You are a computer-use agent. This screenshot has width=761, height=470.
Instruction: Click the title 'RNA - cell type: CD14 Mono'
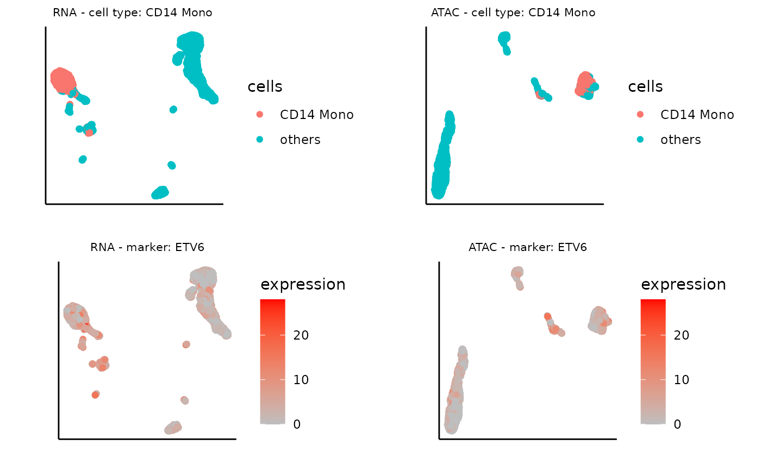132,12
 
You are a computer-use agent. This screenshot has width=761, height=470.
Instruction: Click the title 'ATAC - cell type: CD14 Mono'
513,12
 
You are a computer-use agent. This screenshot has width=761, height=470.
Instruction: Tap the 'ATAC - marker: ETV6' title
527,248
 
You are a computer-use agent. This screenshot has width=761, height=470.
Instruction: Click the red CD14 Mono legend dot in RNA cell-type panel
260,115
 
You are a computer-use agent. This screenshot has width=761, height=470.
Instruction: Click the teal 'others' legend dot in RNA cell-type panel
260,140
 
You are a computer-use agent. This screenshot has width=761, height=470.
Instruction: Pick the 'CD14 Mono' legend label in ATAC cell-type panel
697,115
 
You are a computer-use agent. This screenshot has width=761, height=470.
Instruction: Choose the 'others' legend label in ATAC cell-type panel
681,140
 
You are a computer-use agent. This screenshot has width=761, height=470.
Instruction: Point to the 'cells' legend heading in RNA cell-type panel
265,86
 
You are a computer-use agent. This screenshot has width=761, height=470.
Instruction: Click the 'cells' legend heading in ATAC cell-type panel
645,86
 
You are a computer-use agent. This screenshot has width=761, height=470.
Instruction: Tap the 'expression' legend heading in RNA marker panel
303,284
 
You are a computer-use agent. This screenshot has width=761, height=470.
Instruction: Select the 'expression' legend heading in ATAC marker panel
683,284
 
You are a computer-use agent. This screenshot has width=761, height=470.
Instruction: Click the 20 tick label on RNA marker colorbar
301,335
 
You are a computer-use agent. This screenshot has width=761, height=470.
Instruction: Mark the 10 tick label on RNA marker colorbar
301,380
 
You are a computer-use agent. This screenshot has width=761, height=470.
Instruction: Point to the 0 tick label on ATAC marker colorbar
677,424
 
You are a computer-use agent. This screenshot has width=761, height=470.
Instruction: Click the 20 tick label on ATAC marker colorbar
682,335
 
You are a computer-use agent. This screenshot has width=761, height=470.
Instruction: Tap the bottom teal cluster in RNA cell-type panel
160,192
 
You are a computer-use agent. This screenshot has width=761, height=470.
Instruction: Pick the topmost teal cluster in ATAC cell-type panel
504,37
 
